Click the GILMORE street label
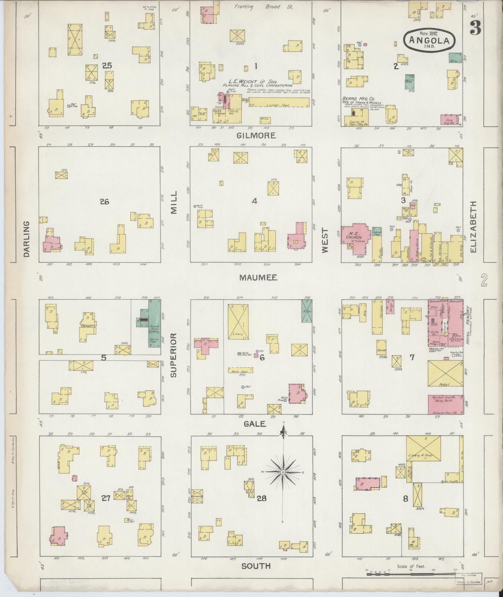pyautogui.click(x=256, y=135)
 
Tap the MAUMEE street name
pyautogui.click(x=259, y=277)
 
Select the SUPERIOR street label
pyautogui.click(x=174, y=355)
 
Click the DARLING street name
pyautogui.click(x=26, y=239)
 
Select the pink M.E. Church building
pyautogui.click(x=356, y=239)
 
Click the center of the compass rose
pyautogui.click(x=283, y=481)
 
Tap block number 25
pyautogui.click(x=107, y=66)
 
